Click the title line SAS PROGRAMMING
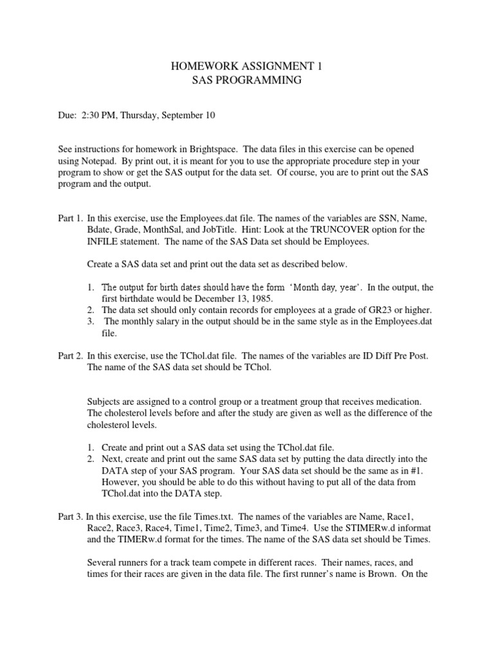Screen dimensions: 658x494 pos(247,80)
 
